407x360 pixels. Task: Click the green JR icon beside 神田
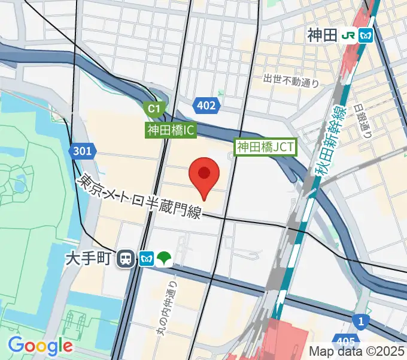[348, 35]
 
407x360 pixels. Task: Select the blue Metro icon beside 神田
[366, 35]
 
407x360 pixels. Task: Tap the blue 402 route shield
[206, 106]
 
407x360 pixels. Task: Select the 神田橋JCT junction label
[265, 146]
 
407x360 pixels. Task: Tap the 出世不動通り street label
[291, 80]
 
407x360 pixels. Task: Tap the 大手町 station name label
[89, 259]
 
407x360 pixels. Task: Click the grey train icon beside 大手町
[126, 259]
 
